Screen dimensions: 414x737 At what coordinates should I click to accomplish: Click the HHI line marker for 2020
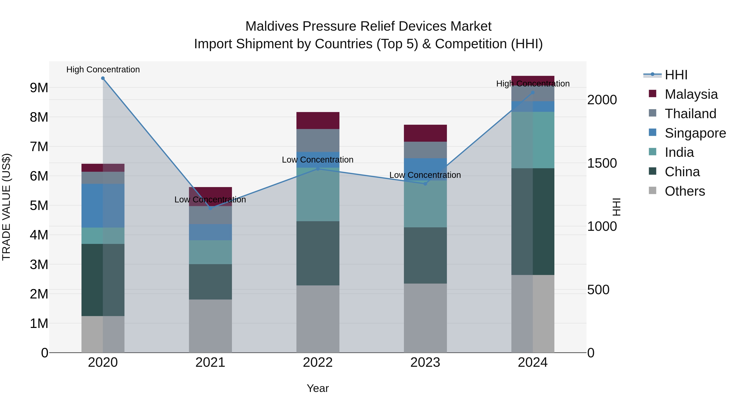pyautogui.click(x=103, y=78)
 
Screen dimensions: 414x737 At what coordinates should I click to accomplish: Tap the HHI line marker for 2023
pyautogui.click(x=425, y=184)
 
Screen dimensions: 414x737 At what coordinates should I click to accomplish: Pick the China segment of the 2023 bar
pyautogui.click(x=425, y=255)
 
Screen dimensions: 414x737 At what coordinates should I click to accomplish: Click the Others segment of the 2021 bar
pyautogui.click(x=210, y=326)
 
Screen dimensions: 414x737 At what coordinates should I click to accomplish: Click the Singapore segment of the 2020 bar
pyautogui.click(x=103, y=205)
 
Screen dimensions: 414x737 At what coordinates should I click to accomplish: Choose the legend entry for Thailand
pyautogui.click(x=690, y=114)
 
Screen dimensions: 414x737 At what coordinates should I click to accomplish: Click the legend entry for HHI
pyautogui.click(x=676, y=75)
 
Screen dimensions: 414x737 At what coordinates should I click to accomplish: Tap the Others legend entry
pyautogui.click(x=684, y=191)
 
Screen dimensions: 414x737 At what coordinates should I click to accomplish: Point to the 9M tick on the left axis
pyautogui.click(x=39, y=88)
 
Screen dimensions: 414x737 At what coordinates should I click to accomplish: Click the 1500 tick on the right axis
pyautogui.click(x=602, y=163)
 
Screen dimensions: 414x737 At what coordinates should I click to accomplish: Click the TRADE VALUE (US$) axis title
pyautogui.click(x=6, y=207)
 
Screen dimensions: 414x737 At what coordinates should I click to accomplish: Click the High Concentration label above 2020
pyautogui.click(x=103, y=70)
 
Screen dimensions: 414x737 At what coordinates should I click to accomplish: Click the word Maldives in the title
pyautogui.click(x=272, y=26)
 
